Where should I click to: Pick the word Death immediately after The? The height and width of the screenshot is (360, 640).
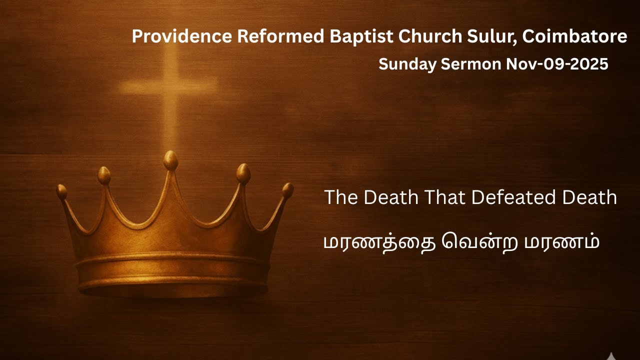coord(390,197)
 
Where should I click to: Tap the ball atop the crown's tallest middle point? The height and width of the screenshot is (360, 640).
coord(170,160)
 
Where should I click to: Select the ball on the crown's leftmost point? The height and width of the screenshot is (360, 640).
coord(62,191)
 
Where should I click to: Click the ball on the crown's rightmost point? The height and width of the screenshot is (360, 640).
coord(287,189)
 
